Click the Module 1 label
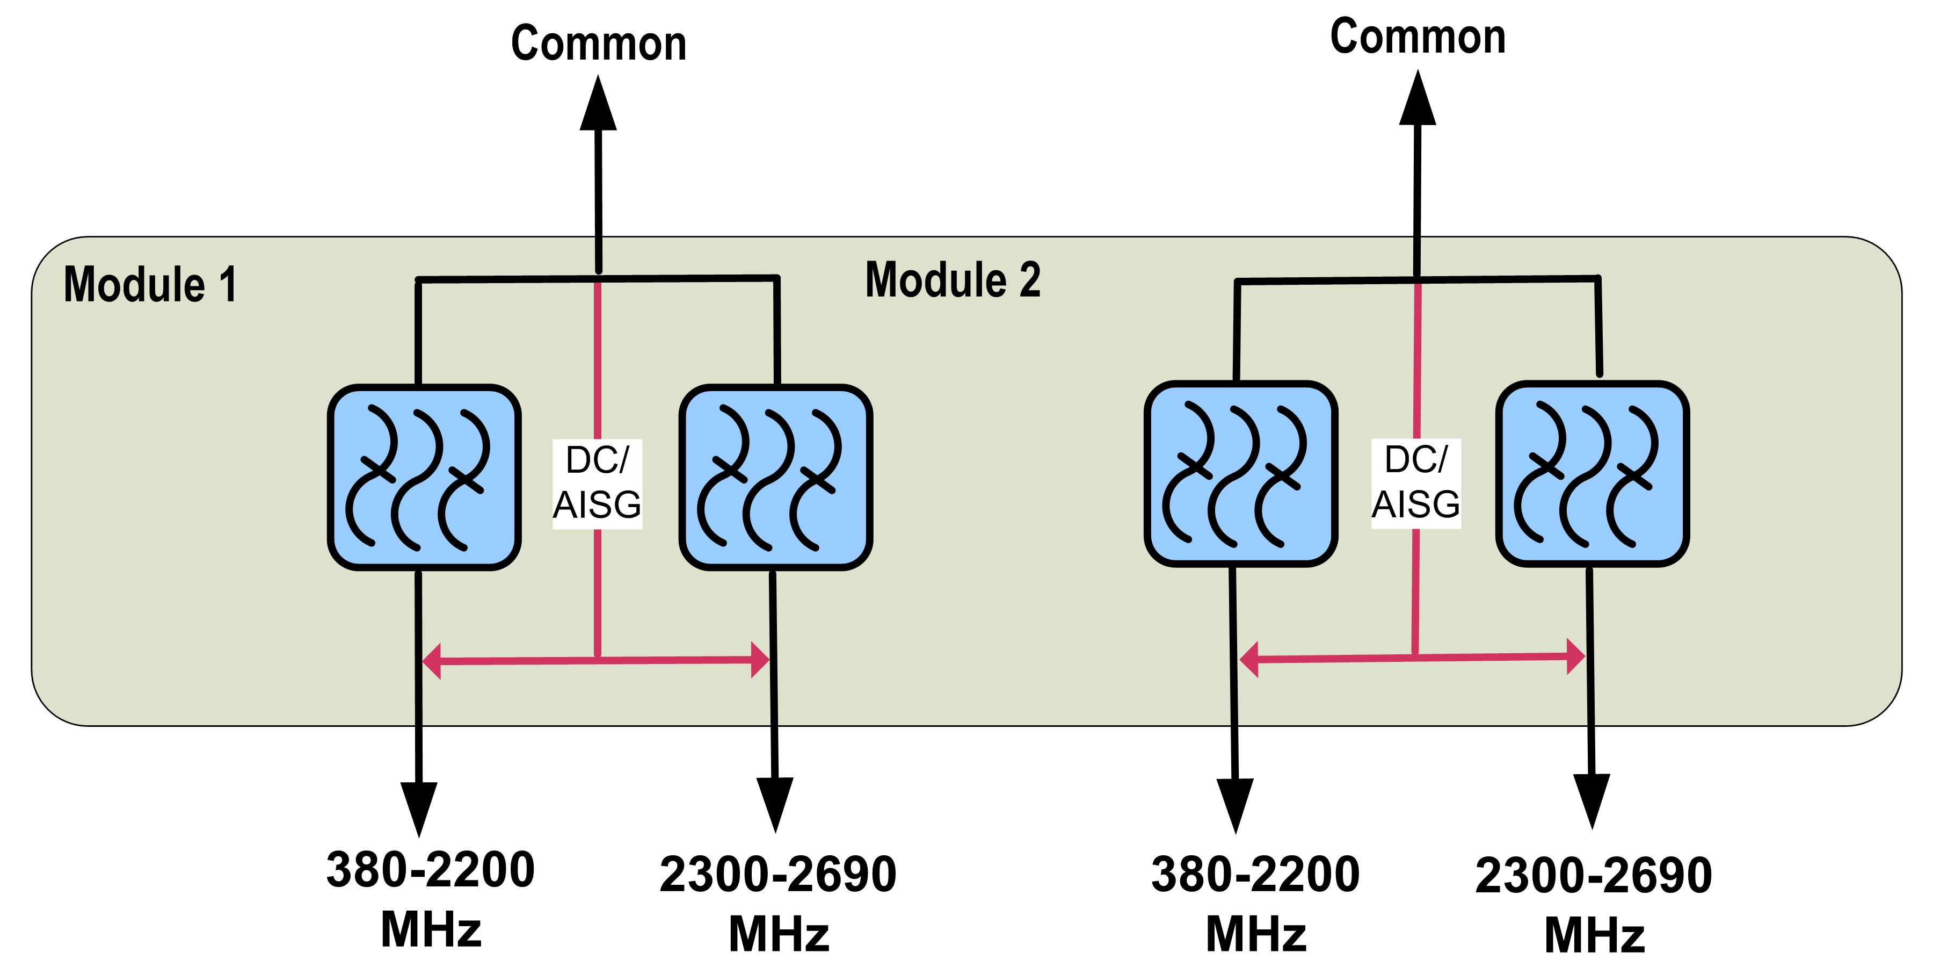(x=150, y=285)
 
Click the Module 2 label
(x=953, y=279)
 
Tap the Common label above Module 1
(x=598, y=43)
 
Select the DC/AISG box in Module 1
(x=597, y=484)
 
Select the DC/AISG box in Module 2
(x=1416, y=483)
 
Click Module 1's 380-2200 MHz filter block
(x=424, y=478)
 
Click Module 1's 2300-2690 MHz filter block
(x=775, y=478)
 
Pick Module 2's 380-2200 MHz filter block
(x=1241, y=474)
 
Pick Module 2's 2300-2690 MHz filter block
(x=1593, y=474)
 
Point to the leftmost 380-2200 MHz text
(x=431, y=898)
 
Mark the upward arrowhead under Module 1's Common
(x=598, y=105)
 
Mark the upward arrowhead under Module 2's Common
(x=1418, y=100)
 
